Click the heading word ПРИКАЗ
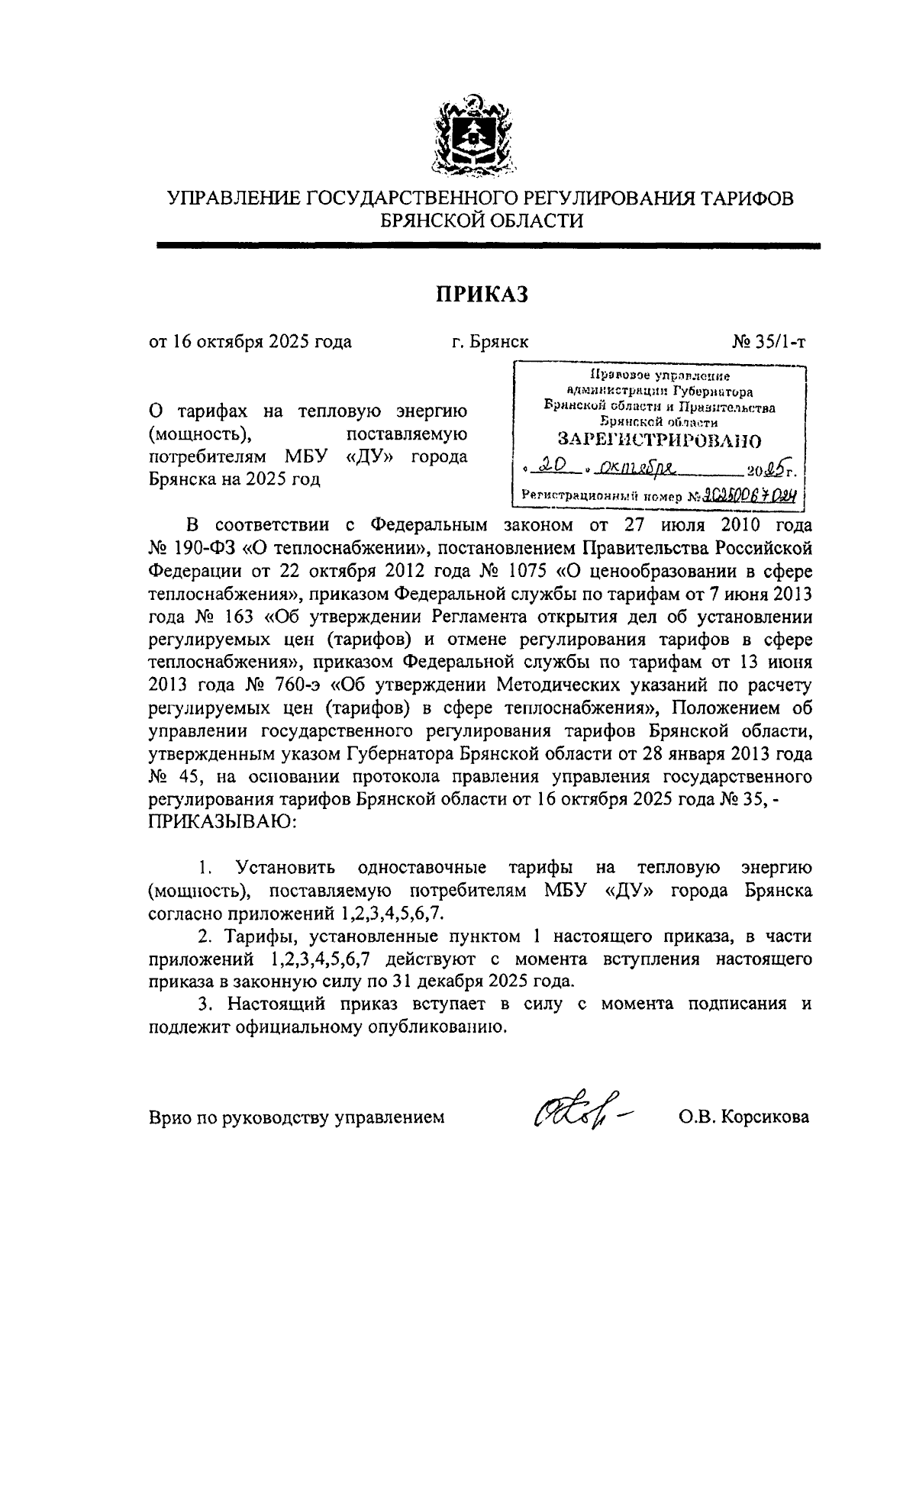[x=482, y=294]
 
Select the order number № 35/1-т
[x=769, y=341]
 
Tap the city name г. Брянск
[x=489, y=341]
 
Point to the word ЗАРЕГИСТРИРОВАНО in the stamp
[x=660, y=440]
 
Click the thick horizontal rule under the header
[x=488, y=246]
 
